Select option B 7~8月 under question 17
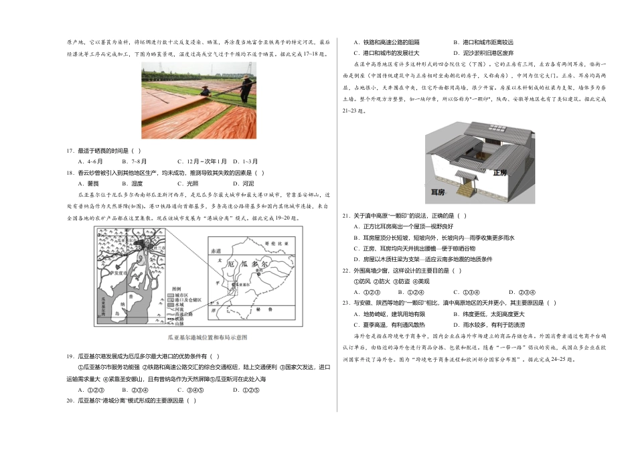(x=135, y=161)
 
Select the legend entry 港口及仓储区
(x=184, y=300)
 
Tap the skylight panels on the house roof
(x=469, y=137)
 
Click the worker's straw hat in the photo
(x=245, y=79)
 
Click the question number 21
(x=346, y=216)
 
